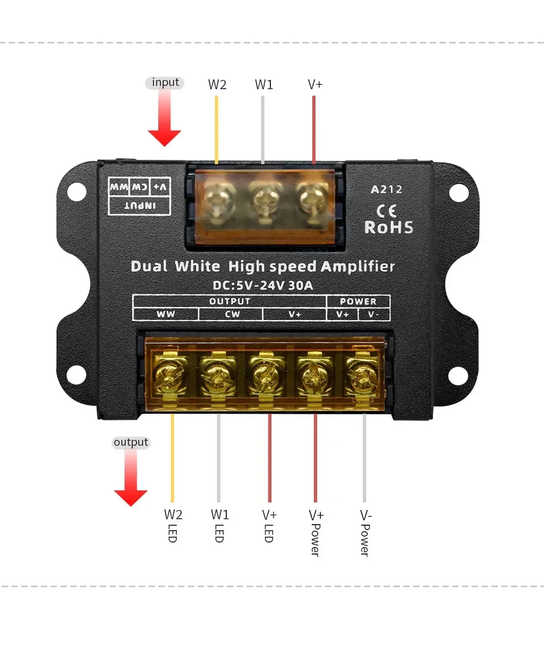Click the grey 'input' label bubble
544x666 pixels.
pyautogui.click(x=165, y=83)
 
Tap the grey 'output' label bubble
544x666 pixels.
pyautogui.click(x=131, y=443)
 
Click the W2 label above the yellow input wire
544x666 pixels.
pyautogui.click(x=217, y=85)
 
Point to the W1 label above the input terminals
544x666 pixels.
pyautogui.click(x=264, y=85)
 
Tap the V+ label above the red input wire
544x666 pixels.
pyautogui.click(x=315, y=85)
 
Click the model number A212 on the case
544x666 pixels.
pyautogui.click(x=387, y=189)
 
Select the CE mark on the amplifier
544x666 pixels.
pyautogui.click(x=386, y=210)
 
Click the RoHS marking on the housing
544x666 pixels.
pyautogui.click(x=388, y=227)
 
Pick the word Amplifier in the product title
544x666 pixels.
pyautogui.click(x=357, y=266)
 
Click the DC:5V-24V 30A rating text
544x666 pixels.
pyautogui.click(x=263, y=285)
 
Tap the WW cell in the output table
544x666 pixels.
pyautogui.click(x=166, y=314)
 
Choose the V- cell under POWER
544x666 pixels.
pyautogui.click(x=374, y=314)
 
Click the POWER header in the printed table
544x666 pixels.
pyautogui.click(x=358, y=301)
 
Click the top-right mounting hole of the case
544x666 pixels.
pyautogui.click(x=459, y=192)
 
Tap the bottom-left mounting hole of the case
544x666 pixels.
pyautogui.click(x=77, y=375)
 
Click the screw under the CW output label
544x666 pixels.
pyautogui.click(x=217, y=375)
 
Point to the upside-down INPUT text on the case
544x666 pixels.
pyautogui.click(x=140, y=205)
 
